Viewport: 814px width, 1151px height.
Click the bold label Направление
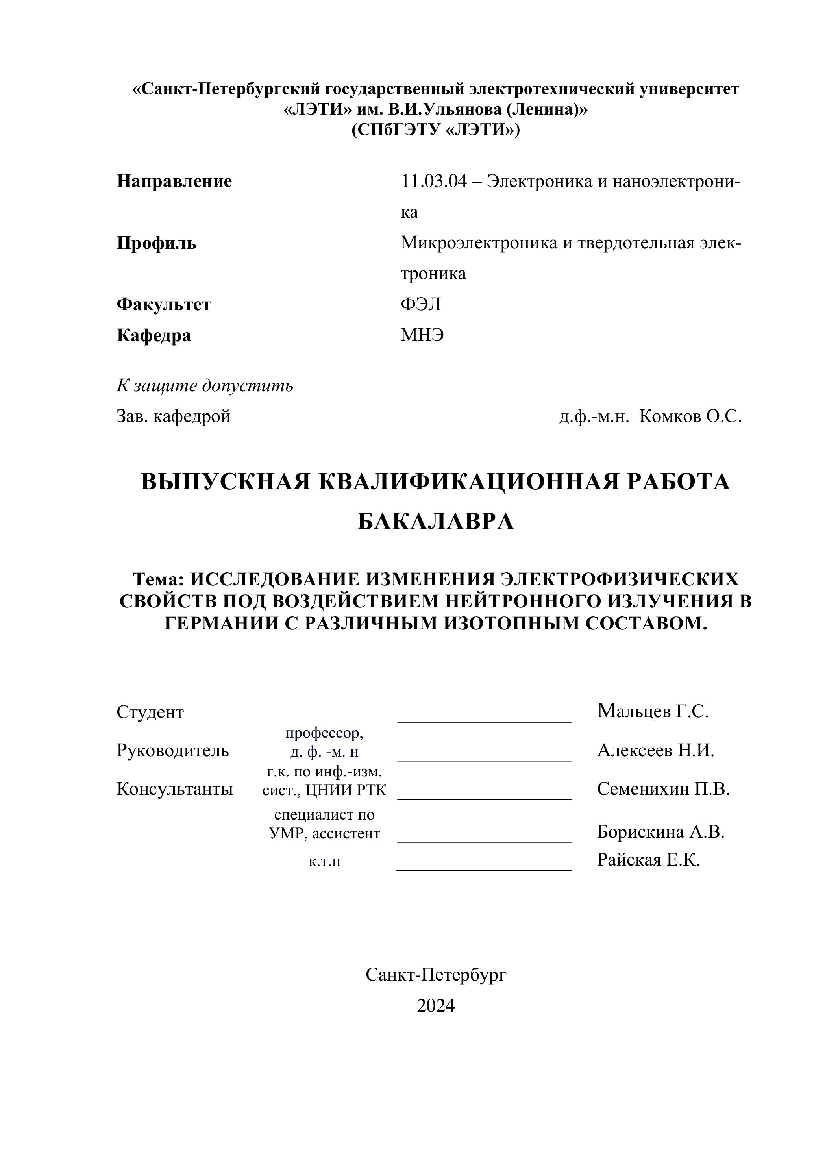pyautogui.click(x=174, y=181)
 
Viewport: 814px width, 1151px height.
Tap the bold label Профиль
pyautogui.click(x=156, y=243)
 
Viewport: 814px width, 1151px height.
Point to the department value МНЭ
pyautogui.click(x=422, y=335)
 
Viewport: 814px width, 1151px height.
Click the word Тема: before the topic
pyautogui.click(x=158, y=579)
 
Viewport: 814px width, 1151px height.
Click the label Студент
pyautogui.click(x=150, y=712)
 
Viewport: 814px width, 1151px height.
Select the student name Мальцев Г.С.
pyautogui.click(x=653, y=711)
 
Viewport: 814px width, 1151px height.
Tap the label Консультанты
pyautogui.click(x=174, y=789)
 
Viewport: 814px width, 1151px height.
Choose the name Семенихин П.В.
pyautogui.click(x=663, y=789)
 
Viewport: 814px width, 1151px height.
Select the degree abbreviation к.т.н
pyautogui.click(x=324, y=862)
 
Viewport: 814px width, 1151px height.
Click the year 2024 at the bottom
pyautogui.click(x=436, y=1006)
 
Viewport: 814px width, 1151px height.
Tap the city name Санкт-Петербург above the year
pyautogui.click(x=436, y=975)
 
